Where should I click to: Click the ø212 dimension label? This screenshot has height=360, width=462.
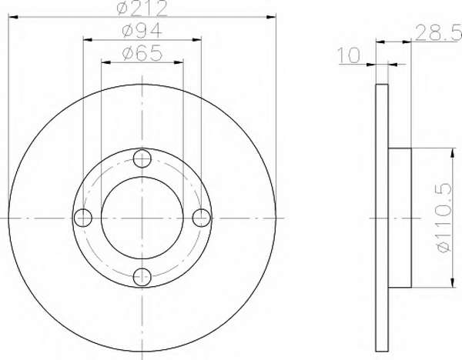[142, 8]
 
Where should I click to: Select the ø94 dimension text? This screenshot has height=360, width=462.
[142, 30]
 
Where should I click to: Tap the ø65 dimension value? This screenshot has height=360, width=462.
[142, 52]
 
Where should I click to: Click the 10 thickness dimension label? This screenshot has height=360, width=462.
[349, 55]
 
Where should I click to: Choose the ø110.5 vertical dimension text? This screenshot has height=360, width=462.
[444, 218]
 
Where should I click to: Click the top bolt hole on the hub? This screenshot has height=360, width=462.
[142, 159]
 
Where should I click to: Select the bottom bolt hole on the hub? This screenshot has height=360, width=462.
[142, 277]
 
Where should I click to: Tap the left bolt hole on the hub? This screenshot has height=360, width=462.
[83, 218]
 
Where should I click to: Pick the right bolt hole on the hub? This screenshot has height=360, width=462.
[202, 218]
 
